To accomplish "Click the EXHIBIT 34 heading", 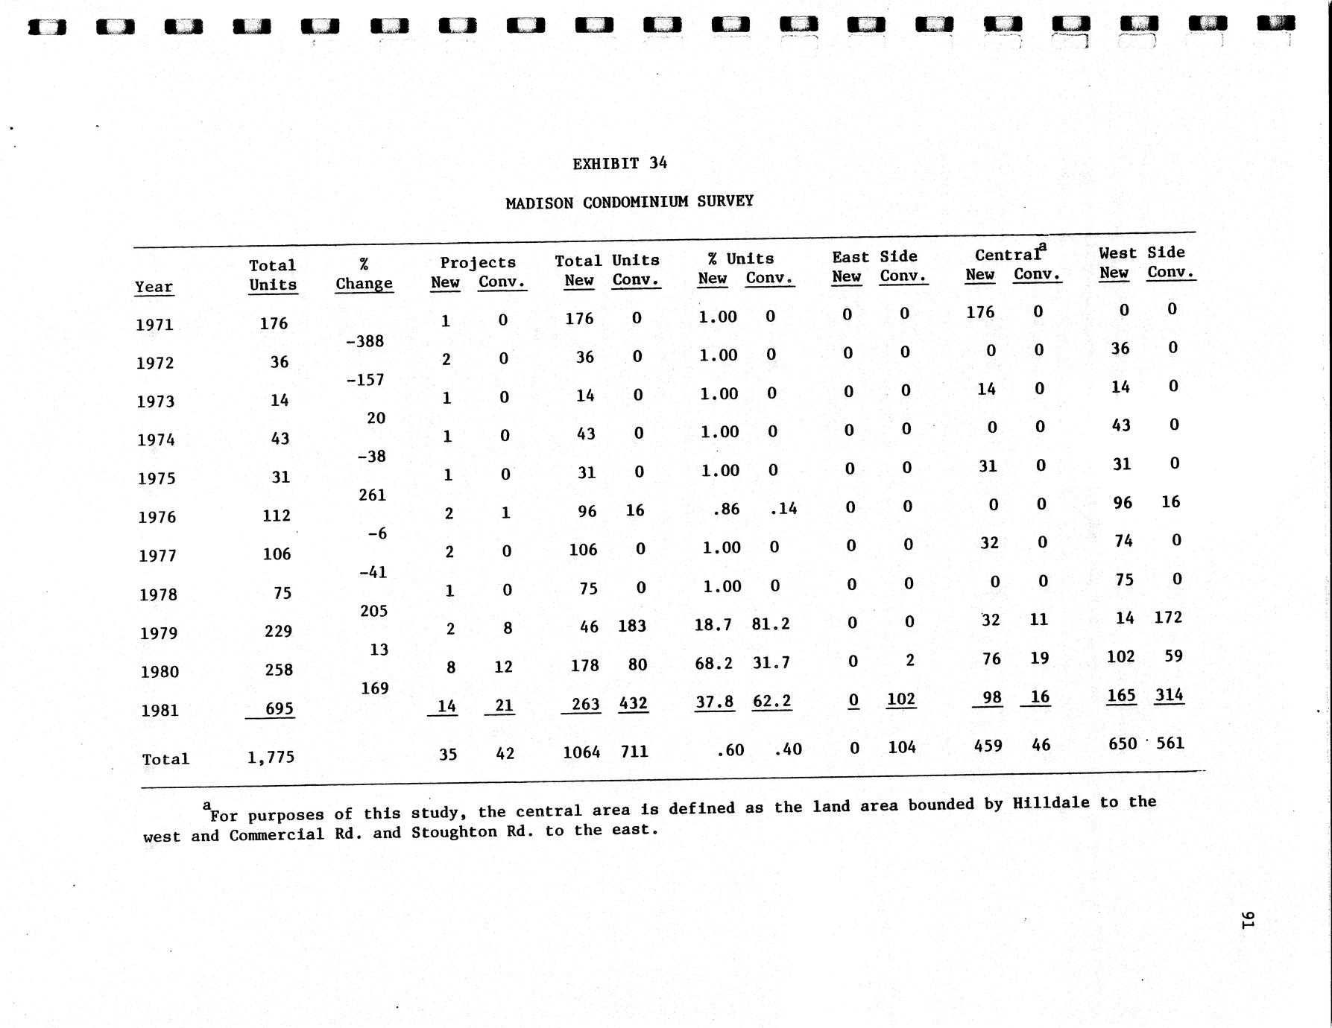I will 619,164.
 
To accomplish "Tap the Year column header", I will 154,287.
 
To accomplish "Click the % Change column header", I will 364,275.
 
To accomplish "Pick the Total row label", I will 165,758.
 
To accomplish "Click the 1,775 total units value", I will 271,757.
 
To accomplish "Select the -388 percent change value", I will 365,342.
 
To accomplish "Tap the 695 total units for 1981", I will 279,708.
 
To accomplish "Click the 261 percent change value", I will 372,495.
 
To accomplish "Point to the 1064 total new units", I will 581,752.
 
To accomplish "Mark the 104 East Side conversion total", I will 902,747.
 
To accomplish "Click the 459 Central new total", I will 988,746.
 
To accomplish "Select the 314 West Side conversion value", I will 1169,695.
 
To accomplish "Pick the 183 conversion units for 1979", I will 632,626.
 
